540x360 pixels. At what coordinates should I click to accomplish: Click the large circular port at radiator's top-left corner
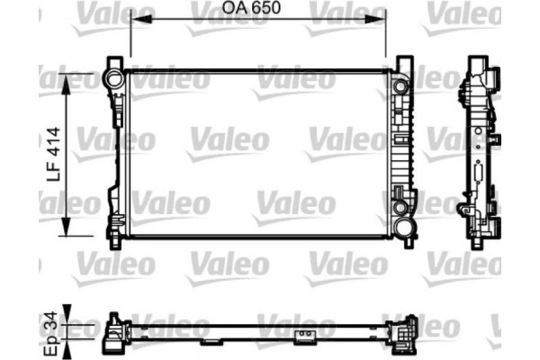click(114, 77)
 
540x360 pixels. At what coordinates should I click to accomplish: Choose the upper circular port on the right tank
click(399, 86)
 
